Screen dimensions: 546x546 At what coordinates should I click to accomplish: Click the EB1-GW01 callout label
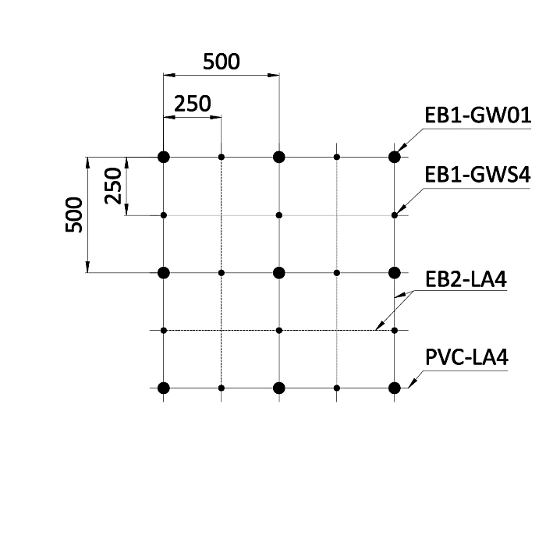[477, 115]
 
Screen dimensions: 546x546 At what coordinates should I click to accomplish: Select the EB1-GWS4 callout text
[477, 175]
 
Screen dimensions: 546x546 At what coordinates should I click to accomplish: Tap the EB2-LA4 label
[466, 279]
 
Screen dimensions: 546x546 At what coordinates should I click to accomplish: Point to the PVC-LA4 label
[466, 357]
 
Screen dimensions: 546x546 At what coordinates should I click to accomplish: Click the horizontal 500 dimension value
[222, 62]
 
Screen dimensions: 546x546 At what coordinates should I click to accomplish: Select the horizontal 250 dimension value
[192, 104]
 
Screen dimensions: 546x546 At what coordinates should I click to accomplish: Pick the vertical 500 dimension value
[74, 214]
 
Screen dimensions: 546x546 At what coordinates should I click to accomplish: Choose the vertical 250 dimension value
[113, 186]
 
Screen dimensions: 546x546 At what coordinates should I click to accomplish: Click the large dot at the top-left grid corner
[164, 157]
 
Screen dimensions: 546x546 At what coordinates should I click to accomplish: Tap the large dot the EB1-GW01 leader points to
[394, 157]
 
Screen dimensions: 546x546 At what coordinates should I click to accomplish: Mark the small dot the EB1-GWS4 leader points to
[394, 215]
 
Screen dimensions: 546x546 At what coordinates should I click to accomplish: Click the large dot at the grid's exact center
[279, 273]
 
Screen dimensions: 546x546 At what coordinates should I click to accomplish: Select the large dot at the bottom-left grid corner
[164, 388]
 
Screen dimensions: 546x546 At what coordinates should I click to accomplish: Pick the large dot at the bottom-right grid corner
[394, 388]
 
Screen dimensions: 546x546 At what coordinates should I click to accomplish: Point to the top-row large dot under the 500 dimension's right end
[279, 157]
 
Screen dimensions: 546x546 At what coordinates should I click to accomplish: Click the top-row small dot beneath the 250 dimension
[221, 157]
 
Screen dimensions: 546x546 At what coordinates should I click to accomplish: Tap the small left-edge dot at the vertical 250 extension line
[164, 215]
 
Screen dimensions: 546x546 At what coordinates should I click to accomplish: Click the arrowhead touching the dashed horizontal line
[380, 325]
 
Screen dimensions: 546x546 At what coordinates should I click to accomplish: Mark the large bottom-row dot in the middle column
[279, 388]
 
